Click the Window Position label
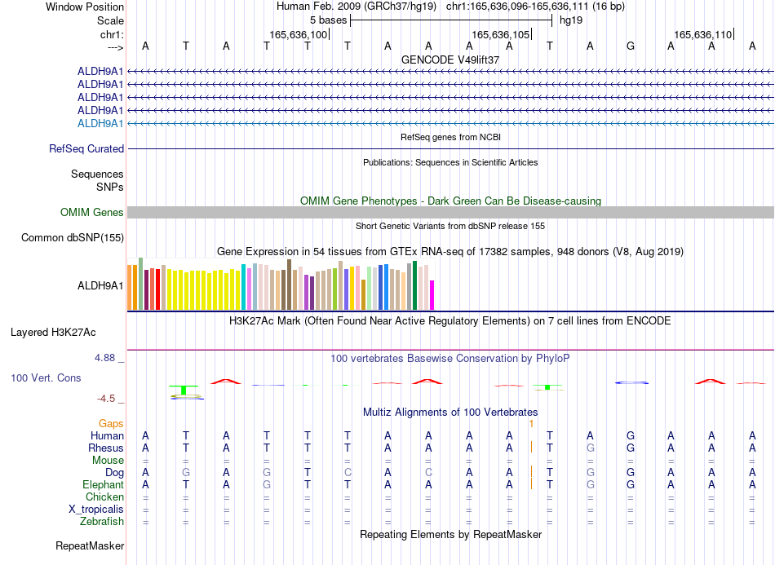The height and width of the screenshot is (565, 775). tap(85, 7)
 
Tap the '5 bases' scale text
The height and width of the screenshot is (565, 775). tap(328, 20)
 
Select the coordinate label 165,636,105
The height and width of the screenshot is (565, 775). tap(500, 34)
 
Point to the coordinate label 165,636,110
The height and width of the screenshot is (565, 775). tap(702, 34)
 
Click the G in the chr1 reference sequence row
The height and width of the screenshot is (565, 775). tap(630, 46)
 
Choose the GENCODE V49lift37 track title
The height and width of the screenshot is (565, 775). tap(450, 60)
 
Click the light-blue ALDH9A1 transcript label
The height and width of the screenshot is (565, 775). tap(100, 123)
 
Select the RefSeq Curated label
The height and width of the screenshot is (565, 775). tap(86, 148)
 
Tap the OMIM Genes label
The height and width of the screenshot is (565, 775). tap(92, 212)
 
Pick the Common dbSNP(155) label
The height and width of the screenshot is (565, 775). tap(73, 237)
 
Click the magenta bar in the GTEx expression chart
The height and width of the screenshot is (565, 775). tap(432, 295)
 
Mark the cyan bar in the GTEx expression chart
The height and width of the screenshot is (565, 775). tap(244, 287)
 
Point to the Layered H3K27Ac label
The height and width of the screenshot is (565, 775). tap(53, 333)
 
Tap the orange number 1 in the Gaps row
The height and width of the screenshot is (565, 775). tap(531, 424)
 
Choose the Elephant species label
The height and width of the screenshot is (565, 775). tap(104, 484)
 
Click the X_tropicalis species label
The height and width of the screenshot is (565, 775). tap(96, 510)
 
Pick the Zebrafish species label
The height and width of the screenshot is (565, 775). tap(102, 521)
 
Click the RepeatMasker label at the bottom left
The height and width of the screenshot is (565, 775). tap(90, 545)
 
